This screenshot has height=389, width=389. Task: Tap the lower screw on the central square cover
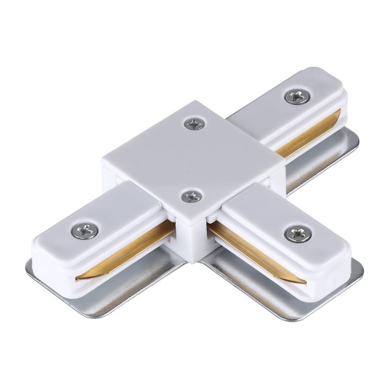(189, 195)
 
